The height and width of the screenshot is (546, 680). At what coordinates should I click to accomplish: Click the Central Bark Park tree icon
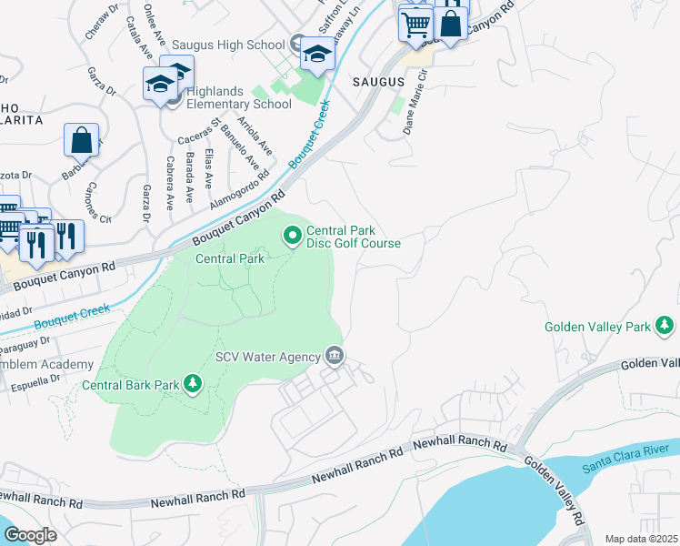coord(192,385)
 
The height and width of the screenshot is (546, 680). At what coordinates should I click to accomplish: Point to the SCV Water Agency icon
coord(334,355)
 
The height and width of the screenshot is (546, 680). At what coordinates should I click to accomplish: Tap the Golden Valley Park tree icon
coord(665,325)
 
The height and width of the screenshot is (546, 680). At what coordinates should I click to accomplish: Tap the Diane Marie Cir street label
coord(414,108)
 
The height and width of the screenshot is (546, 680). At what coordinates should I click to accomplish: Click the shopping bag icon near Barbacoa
coord(81,141)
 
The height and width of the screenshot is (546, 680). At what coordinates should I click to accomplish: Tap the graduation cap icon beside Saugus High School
coord(317,55)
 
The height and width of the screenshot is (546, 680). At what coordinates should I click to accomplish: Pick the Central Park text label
coord(231,258)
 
